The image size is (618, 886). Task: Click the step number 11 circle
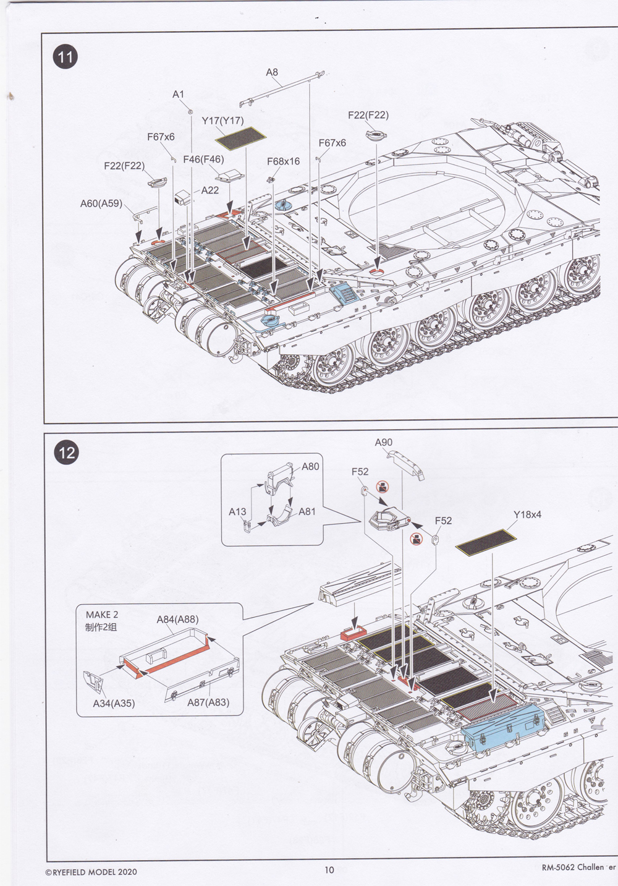tap(66, 58)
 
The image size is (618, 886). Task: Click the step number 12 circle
tap(67, 452)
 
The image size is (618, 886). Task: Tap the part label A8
tap(272, 72)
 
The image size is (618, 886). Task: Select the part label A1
tap(178, 94)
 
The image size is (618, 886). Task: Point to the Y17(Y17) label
tap(222, 121)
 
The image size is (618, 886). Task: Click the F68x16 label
tap(283, 161)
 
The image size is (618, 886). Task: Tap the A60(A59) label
tap(101, 203)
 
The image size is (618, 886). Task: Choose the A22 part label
tap(210, 190)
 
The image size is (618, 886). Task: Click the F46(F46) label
tap(203, 160)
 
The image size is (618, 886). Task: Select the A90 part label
tap(383, 442)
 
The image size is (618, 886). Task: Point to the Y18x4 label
tap(527, 514)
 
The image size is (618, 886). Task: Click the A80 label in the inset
tap(310, 466)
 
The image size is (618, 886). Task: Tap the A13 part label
tap(237, 511)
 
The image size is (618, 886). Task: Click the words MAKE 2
tap(102, 615)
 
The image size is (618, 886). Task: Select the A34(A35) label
tap(114, 703)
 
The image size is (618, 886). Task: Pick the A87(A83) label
tap(208, 702)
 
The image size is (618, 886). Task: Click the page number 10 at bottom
tap(329, 870)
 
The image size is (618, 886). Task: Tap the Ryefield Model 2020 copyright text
tap(91, 872)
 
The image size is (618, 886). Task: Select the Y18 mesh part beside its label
tap(486, 540)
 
